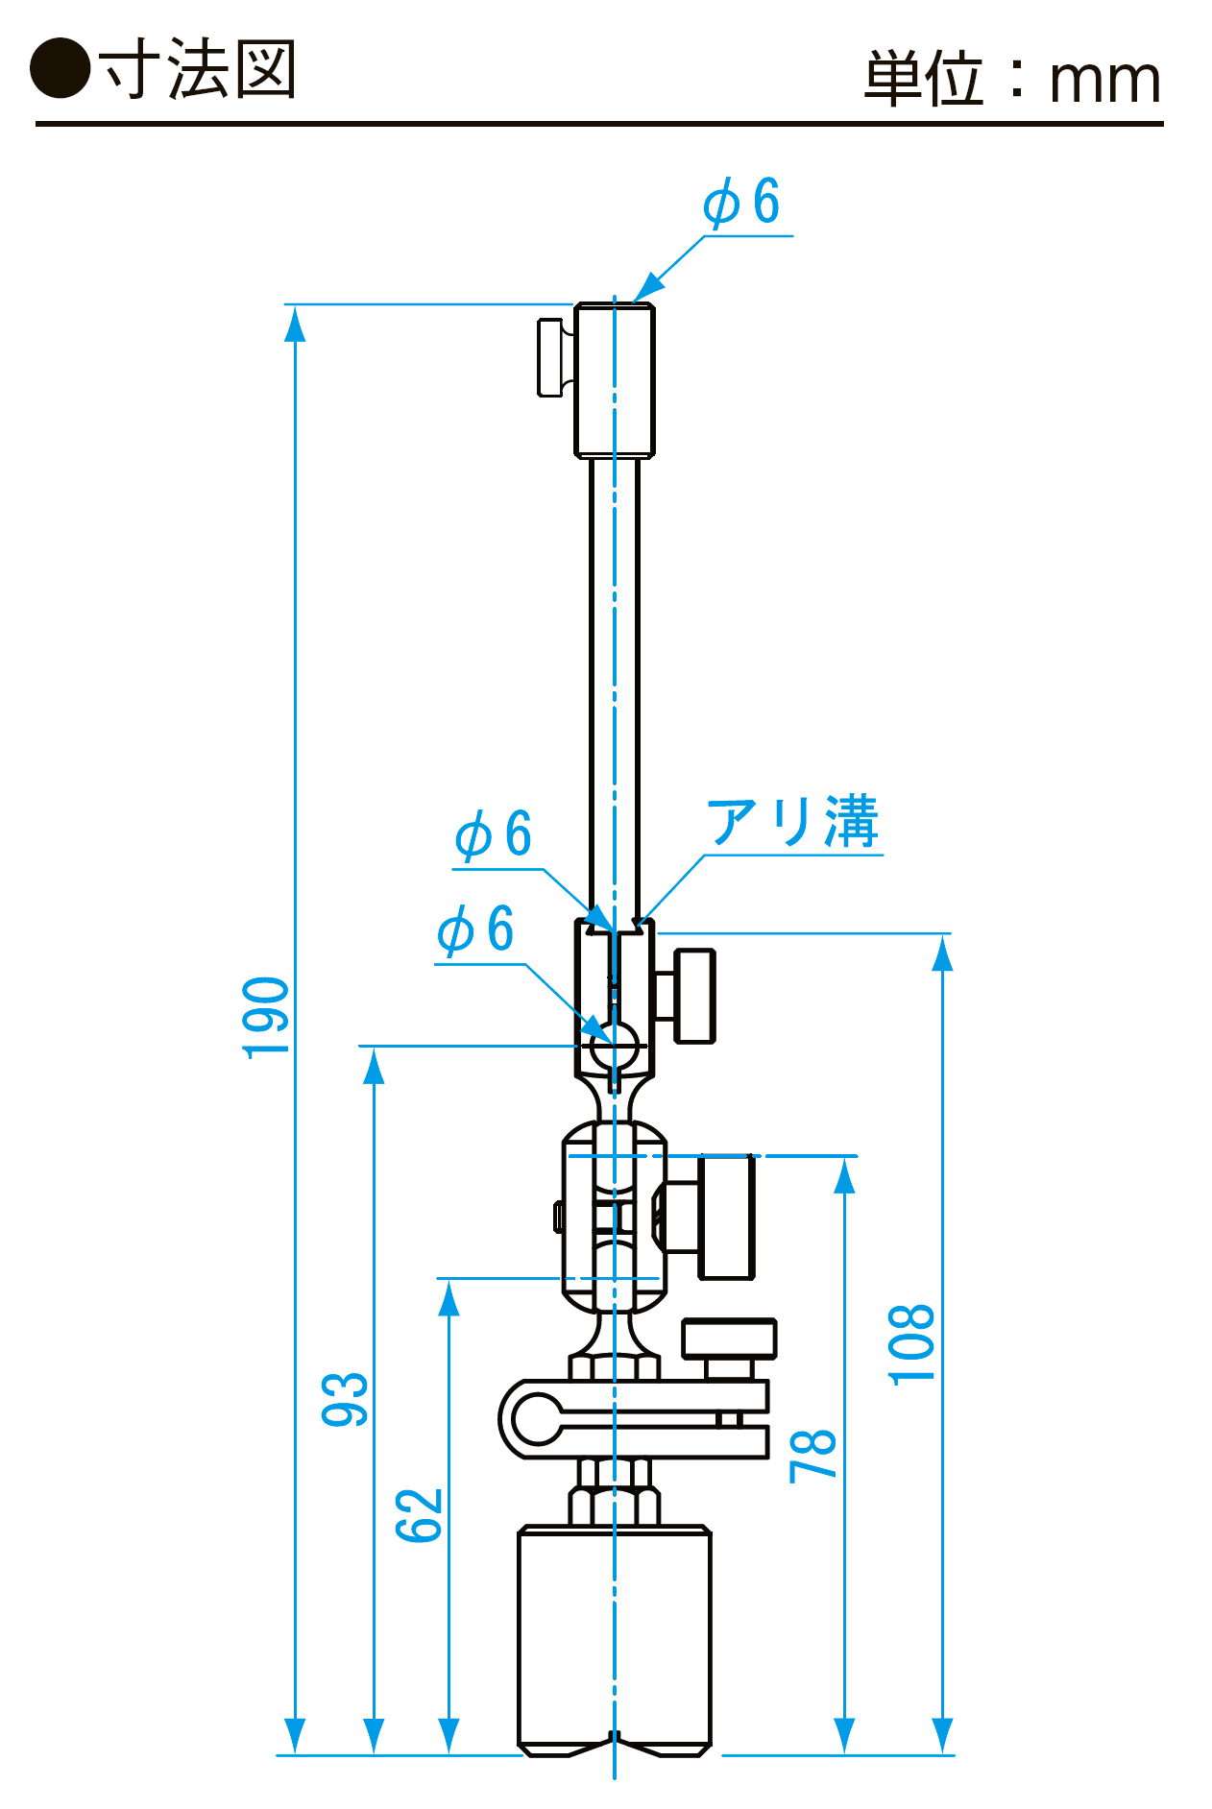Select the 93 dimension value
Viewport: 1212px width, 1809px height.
click(345, 1399)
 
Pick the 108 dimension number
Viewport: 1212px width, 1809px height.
click(911, 1344)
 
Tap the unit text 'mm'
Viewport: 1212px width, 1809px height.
click(1104, 81)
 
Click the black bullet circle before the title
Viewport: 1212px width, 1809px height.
click(61, 68)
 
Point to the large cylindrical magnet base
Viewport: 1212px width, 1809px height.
click(615, 1638)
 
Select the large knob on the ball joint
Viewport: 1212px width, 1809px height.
click(726, 1217)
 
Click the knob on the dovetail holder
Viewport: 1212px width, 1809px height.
click(694, 995)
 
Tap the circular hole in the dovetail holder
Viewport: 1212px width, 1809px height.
click(615, 1045)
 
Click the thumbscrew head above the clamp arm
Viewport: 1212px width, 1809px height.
click(729, 1338)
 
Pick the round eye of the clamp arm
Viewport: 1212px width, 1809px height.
click(537, 1419)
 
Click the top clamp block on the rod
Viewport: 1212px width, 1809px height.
click(615, 380)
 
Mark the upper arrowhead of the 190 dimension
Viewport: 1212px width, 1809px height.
click(296, 324)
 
